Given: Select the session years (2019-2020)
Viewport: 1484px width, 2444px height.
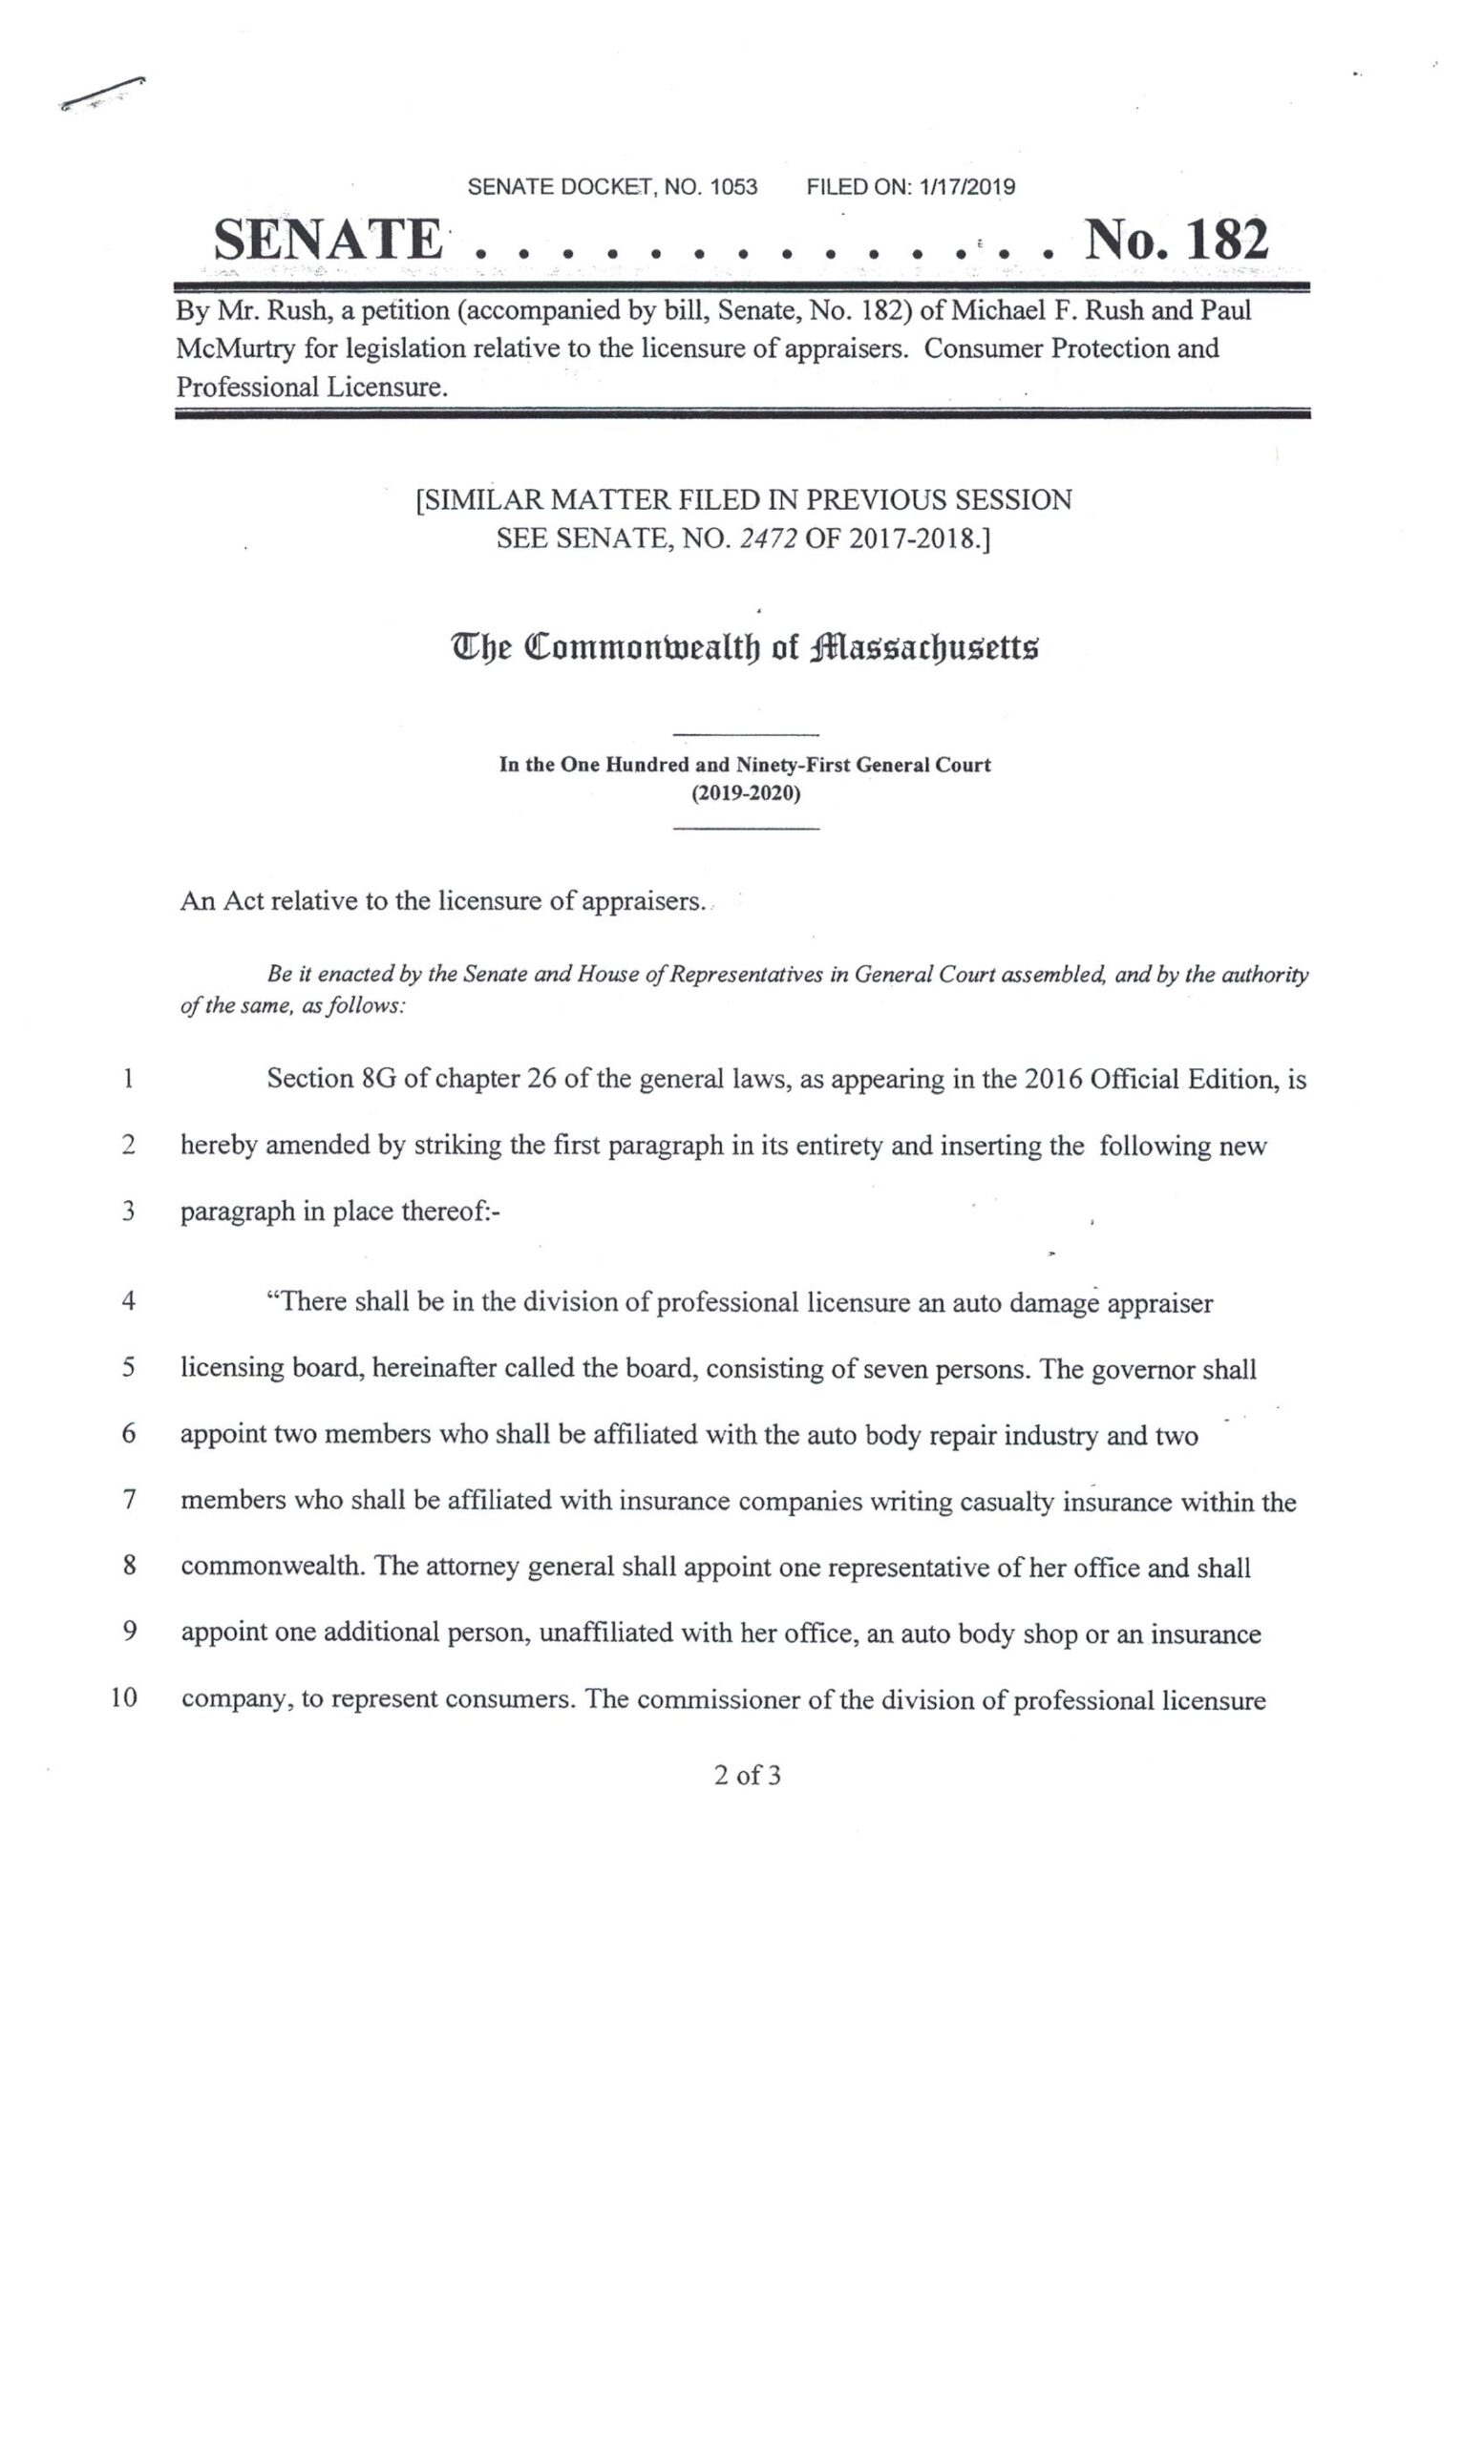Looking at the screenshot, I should [x=745, y=793].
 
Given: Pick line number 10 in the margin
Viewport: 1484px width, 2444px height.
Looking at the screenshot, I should [x=123, y=1698].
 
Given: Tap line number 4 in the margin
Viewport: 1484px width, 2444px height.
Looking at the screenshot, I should [x=128, y=1300].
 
